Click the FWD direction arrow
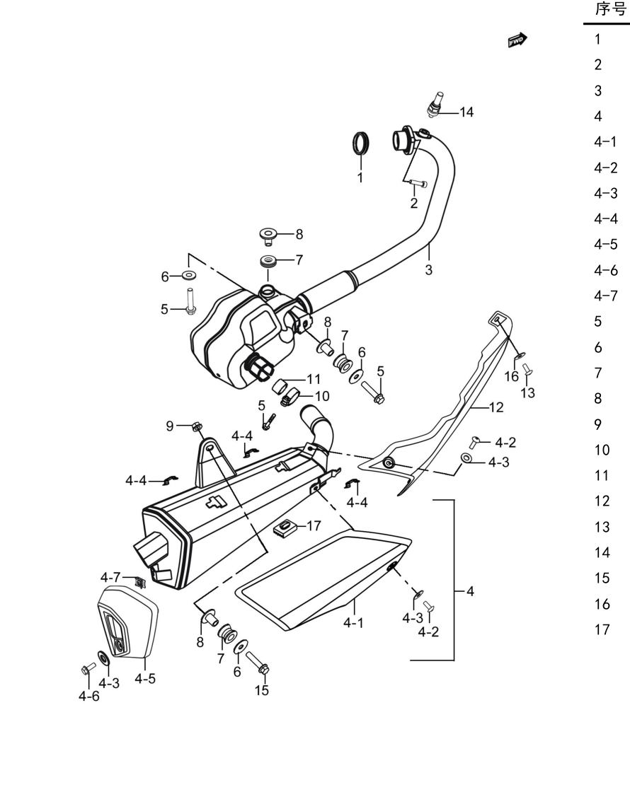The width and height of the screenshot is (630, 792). (517, 40)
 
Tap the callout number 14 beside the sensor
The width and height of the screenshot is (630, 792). (466, 112)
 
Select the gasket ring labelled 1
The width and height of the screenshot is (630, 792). (360, 142)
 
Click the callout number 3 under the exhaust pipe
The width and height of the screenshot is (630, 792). (429, 269)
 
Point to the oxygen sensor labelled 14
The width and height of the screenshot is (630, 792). (435, 105)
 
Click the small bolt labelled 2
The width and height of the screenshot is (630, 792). (419, 184)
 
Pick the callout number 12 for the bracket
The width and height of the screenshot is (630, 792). (496, 407)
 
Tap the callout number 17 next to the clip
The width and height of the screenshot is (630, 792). (314, 526)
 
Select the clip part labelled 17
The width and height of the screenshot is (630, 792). (283, 528)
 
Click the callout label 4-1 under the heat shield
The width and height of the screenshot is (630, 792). (353, 623)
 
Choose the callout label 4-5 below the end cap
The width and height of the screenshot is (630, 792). (145, 679)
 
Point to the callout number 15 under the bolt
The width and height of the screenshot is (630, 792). (261, 690)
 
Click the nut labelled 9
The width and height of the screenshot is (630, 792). (197, 426)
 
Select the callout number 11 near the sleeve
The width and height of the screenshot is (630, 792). (314, 379)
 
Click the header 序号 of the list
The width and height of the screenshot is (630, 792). (610, 9)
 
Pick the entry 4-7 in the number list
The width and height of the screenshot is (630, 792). (606, 296)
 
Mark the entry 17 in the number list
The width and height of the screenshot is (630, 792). (602, 629)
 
